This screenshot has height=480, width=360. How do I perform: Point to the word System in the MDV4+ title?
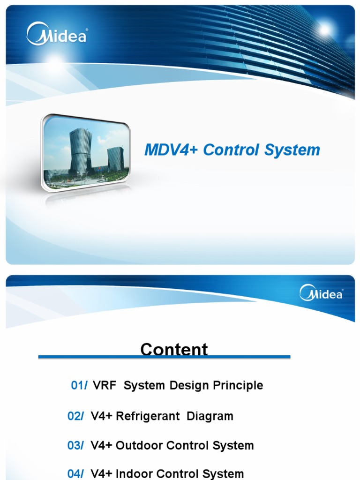[292, 150]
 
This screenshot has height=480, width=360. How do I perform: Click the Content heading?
[174, 349]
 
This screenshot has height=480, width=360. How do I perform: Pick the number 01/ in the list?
[79, 386]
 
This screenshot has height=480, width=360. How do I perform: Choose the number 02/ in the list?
[75, 416]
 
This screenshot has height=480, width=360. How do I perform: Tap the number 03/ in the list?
[75, 446]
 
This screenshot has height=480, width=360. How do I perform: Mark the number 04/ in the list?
[75, 474]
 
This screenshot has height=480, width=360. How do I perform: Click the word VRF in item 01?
[104, 386]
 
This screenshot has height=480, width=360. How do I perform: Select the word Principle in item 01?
[238, 386]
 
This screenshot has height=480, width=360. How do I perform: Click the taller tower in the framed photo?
[81, 151]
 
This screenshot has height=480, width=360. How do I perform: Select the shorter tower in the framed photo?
[115, 159]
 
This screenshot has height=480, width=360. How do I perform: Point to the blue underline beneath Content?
[164, 358]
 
